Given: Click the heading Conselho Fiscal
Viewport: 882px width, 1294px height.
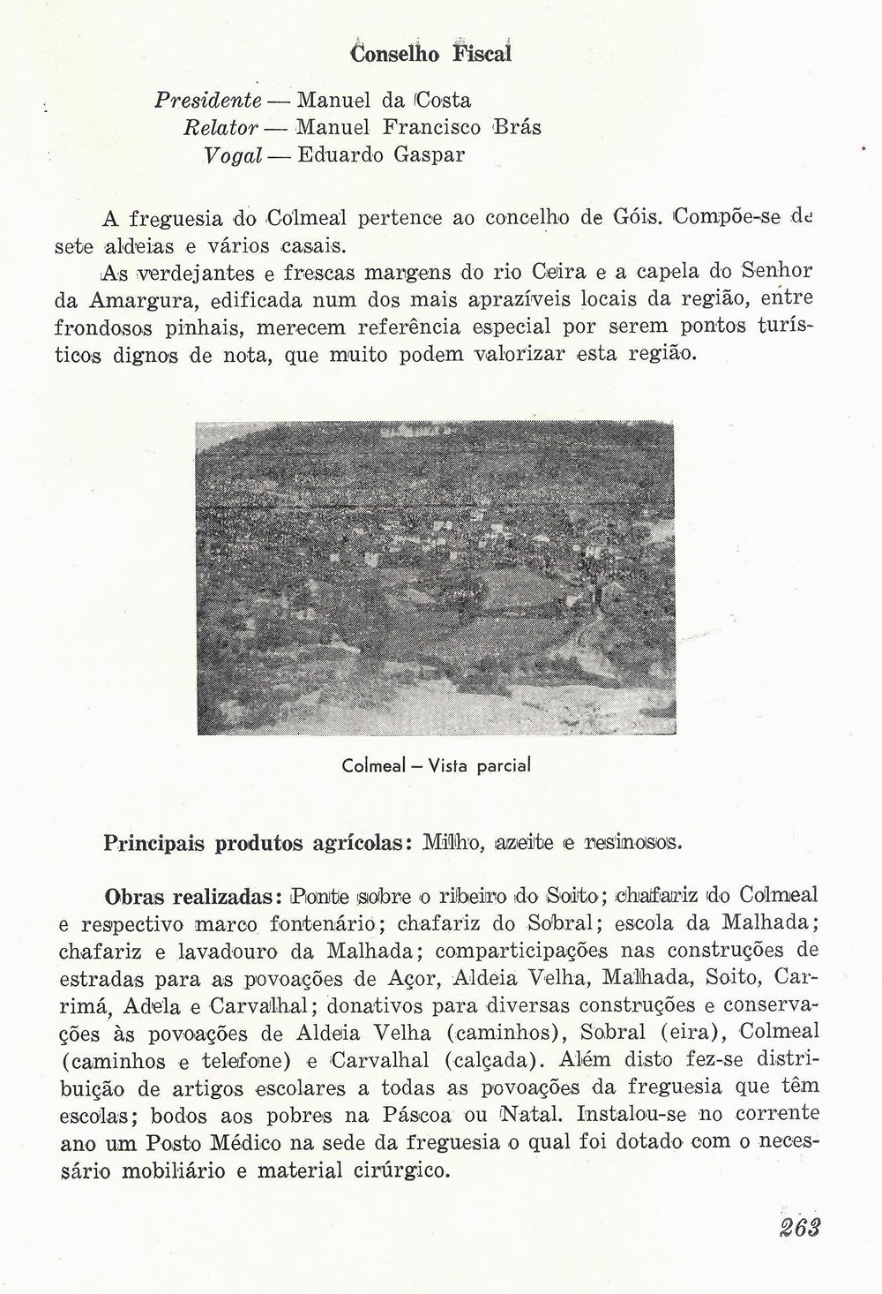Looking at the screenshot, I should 431,52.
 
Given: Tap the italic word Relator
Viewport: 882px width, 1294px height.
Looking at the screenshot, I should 220,127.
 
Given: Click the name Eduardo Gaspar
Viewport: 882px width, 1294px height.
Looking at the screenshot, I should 381,155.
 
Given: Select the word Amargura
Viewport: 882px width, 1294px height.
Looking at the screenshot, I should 158,299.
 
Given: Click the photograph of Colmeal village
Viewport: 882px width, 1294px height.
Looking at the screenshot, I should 435,577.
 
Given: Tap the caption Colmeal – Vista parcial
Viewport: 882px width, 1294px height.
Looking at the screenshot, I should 436,765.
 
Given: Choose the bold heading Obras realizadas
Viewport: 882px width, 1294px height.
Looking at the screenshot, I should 192,897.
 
